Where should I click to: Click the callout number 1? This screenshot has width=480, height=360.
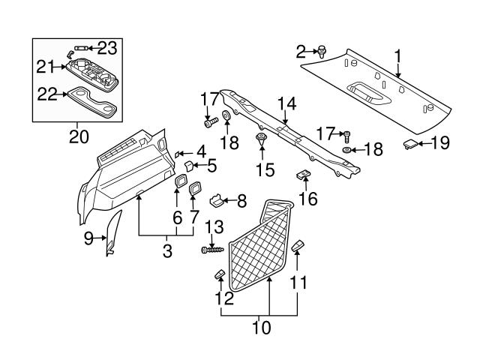pos(397,55)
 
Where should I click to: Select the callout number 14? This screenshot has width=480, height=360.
pos(286,103)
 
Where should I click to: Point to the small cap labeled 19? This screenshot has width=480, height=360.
pos(411,142)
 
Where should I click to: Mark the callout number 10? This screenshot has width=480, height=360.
pos(260,327)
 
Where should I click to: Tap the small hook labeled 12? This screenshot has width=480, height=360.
pos(220,272)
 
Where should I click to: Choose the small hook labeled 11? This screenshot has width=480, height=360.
pos(298,245)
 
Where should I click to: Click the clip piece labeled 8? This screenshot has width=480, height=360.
pos(217,200)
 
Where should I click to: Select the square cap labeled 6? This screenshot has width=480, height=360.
pos(181,182)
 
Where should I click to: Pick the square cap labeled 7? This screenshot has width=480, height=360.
pos(194,188)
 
